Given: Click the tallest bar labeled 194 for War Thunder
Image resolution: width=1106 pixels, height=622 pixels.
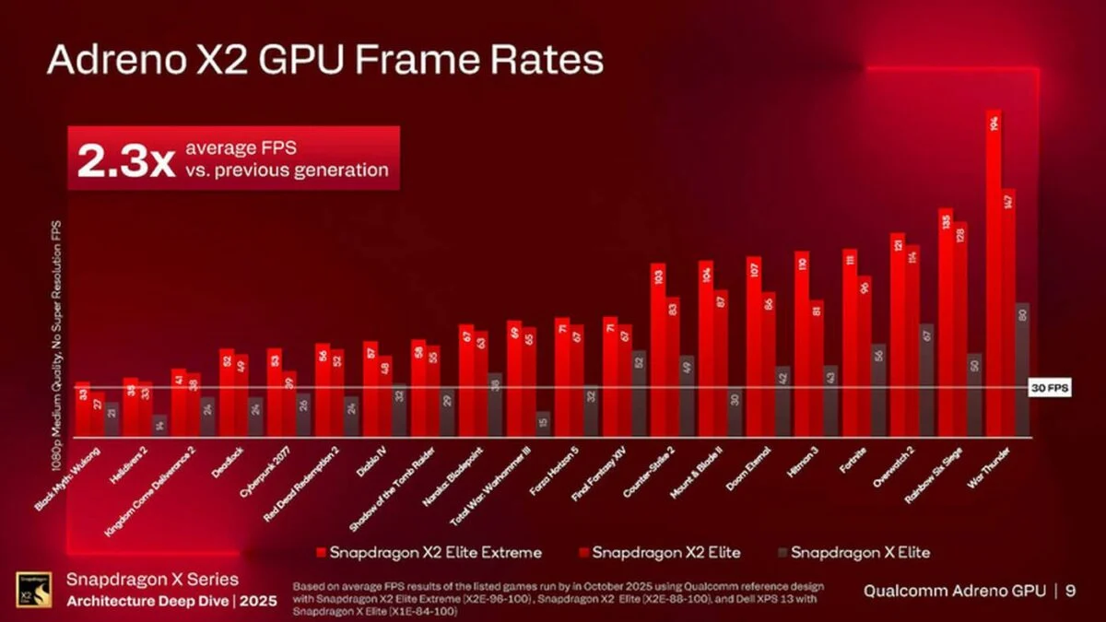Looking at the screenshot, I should tap(994, 276).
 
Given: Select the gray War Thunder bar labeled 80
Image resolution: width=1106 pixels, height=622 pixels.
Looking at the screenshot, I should tap(1022, 369).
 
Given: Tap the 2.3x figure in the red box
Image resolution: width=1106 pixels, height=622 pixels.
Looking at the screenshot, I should tap(124, 159).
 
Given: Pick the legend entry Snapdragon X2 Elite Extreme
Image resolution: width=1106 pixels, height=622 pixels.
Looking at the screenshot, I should tap(429, 552).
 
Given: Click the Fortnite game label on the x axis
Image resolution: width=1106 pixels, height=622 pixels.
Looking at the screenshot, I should tap(853, 459).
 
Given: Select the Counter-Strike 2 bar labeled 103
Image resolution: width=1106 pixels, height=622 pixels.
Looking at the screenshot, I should tap(658, 350).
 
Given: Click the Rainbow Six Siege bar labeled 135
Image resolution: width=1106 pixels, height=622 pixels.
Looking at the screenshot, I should tap(946, 323).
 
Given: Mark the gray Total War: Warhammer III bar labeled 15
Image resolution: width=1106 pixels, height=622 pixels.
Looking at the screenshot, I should tap(543, 424).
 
